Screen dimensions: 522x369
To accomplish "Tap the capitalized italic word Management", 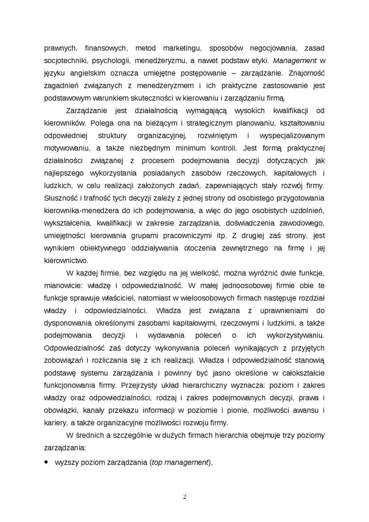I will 295,61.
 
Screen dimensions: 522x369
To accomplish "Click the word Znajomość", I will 306,73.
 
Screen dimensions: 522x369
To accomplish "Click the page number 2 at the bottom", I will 184,496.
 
